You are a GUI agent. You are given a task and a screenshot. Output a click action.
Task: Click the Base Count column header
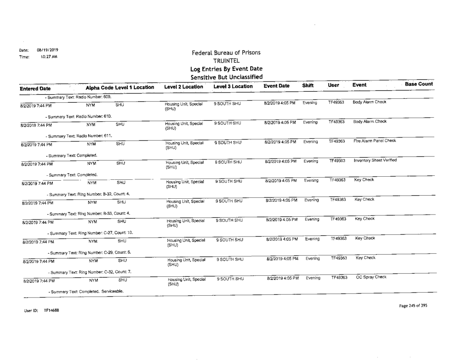[418, 84]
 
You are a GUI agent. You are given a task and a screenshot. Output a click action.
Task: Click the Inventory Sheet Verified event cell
[373, 160]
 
